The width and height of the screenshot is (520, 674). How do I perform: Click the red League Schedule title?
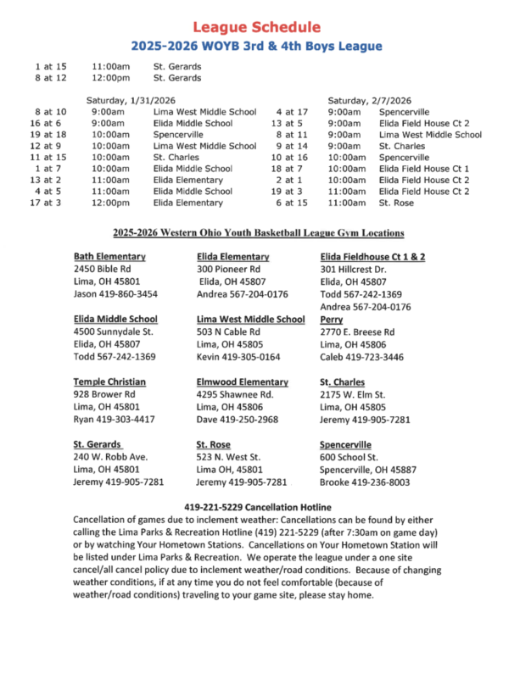pyautogui.click(x=256, y=28)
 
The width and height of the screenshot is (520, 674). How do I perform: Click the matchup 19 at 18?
pyautogui.click(x=48, y=134)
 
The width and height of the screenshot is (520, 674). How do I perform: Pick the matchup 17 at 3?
pyautogui.click(x=48, y=203)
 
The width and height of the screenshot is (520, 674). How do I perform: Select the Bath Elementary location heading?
pyautogui.click(x=109, y=256)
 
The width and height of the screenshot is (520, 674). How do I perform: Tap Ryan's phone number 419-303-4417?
pyautogui.click(x=115, y=420)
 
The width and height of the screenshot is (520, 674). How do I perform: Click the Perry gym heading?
pyautogui.click(x=332, y=319)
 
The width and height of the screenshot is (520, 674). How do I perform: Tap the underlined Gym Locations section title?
pyautogui.click(x=259, y=232)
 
